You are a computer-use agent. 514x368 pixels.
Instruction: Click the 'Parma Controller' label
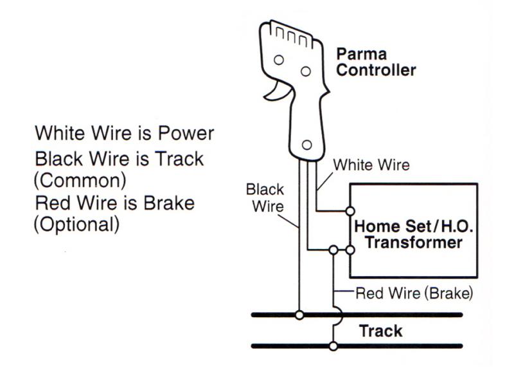pyautogui.click(x=376, y=61)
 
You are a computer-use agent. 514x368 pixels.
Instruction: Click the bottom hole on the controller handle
pyautogui.click(x=306, y=145)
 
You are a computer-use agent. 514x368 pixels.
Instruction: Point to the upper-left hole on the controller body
pyautogui.click(x=278, y=60)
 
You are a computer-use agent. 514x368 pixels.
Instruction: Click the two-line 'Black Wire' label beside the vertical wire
pyautogui.click(x=262, y=197)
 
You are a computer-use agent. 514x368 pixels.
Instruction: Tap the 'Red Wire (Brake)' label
pyautogui.click(x=414, y=293)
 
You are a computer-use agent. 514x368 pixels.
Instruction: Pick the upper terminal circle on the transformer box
pyautogui.click(x=350, y=210)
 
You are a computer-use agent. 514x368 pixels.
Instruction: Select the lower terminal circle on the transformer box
pyautogui.click(x=350, y=249)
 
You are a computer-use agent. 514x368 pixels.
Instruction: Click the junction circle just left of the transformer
pyautogui.click(x=333, y=249)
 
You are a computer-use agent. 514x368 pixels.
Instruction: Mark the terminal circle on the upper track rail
pyautogui.click(x=299, y=315)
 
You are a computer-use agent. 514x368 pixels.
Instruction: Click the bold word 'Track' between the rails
pyautogui.click(x=380, y=331)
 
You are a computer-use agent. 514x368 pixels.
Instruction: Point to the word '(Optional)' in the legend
pyautogui.click(x=77, y=225)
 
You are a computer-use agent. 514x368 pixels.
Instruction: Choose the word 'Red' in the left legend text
pyautogui.click(x=51, y=203)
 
